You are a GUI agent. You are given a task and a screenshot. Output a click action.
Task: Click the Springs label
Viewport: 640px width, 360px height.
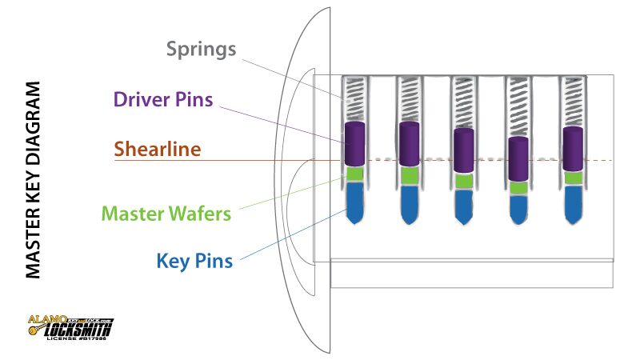[x=202, y=49]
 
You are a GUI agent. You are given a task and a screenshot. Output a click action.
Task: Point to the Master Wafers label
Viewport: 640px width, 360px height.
[x=166, y=214]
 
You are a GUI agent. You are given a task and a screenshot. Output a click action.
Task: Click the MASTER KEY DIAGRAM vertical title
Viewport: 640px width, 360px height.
[x=33, y=179]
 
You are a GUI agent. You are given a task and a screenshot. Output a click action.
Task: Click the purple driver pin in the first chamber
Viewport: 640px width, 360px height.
[x=354, y=142]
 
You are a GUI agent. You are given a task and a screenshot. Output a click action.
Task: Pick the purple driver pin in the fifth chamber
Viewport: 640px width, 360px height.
[x=572, y=147]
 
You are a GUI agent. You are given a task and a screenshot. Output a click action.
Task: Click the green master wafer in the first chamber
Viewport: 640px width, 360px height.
[x=354, y=174]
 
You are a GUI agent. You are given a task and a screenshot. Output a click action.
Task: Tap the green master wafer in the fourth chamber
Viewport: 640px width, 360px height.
[x=518, y=187]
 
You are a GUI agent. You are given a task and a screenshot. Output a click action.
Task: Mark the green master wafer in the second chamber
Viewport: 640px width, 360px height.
[x=409, y=175]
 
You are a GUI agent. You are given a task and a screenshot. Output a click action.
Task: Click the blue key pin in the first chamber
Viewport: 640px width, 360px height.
[x=354, y=201]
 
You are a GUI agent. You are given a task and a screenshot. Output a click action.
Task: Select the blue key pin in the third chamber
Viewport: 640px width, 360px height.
[x=463, y=205]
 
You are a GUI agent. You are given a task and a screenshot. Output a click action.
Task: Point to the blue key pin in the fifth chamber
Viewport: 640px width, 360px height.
[x=572, y=203]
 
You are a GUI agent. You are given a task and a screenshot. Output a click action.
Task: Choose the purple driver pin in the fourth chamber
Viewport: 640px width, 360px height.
[x=518, y=159]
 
